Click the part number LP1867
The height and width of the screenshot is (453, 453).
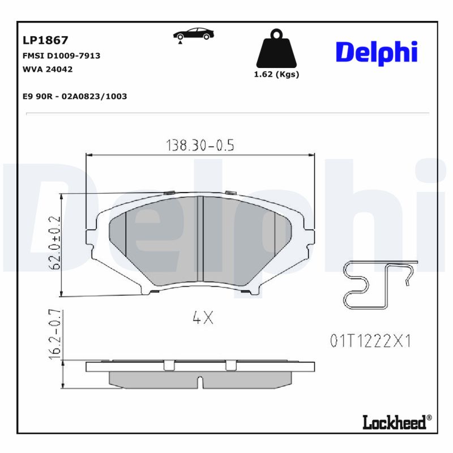pyautogui.click(x=45, y=40)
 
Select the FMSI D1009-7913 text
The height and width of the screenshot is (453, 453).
pyautogui.click(x=61, y=56)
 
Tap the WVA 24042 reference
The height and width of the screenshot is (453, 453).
pyautogui.click(x=48, y=69)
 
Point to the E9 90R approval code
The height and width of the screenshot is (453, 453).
pyautogui.click(x=74, y=96)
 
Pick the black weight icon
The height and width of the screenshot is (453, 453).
pyautogui.click(x=276, y=49)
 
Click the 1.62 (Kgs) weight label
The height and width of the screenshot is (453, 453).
pyautogui.click(x=276, y=74)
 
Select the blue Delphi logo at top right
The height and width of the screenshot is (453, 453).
pyautogui.click(x=377, y=52)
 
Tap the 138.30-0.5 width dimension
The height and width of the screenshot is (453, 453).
pyautogui.click(x=200, y=146)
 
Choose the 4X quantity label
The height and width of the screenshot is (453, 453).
pyautogui.click(x=203, y=318)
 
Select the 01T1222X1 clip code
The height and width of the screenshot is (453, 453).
pyautogui.click(x=370, y=341)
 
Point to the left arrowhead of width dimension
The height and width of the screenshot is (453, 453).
pyautogui.click(x=88, y=154)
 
